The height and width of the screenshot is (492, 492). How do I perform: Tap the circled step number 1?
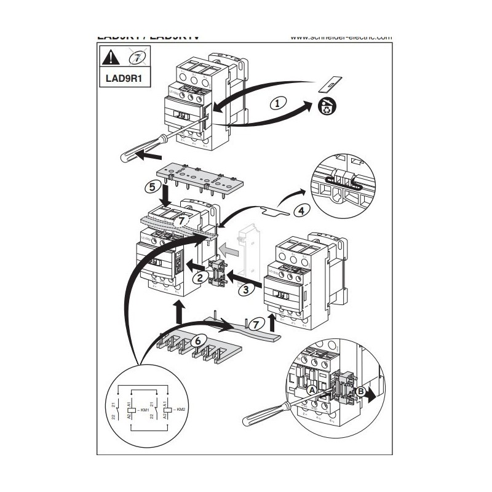pos(278,103)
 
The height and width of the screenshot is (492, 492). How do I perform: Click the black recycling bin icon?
pos(324,108)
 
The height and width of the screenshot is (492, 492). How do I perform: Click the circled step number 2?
pos(199,277)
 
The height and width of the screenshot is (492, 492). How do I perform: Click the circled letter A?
pos(312,390)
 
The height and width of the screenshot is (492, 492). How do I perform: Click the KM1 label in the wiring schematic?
pos(145,409)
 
